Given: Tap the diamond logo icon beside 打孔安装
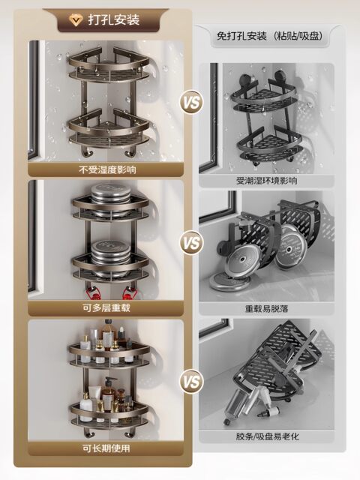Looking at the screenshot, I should (72, 19).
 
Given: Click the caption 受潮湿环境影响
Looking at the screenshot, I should (266, 181).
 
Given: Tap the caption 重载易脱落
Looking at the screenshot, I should (266, 308).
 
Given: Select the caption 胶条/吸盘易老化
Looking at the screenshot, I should (266, 436).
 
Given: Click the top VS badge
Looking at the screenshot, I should (191, 102).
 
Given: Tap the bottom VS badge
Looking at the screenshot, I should (191, 382).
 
